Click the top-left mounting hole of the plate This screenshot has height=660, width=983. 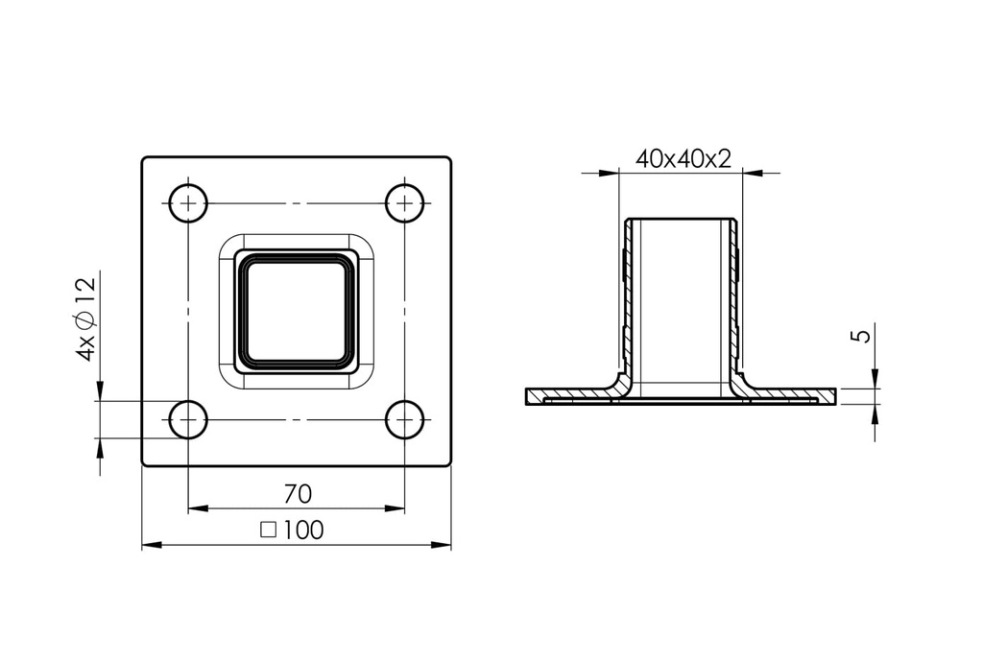pos(188,203)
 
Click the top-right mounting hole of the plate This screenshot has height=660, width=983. pos(405,203)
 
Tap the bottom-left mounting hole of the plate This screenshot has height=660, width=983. pos(188,419)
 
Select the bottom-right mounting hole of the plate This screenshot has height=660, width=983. pos(405,419)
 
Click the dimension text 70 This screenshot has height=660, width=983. pos(298,494)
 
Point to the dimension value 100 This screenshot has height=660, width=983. pos(304,530)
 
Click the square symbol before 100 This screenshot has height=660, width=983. pos(269,530)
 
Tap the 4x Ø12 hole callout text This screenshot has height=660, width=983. pos(85,318)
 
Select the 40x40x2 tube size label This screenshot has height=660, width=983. pos(683,159)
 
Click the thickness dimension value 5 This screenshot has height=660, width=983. pos(861,336)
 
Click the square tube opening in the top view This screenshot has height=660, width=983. pos(297,310)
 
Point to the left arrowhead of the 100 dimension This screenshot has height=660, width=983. pos(152,546)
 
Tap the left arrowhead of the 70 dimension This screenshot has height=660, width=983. pos(198,508)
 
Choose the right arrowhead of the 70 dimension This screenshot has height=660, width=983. pos(396,508)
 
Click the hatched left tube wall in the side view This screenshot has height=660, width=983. pos(628,297)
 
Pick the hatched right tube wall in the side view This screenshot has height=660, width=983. pos(737,297)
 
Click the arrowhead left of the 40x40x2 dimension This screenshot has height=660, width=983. pos(609,174)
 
